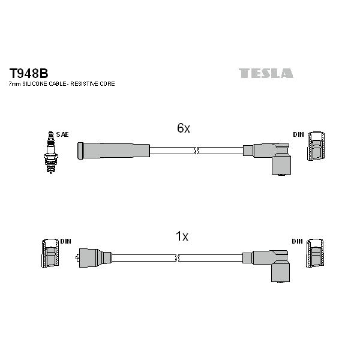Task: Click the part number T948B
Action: (29, 73)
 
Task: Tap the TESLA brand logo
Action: (266, 73)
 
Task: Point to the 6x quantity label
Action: (184, 128)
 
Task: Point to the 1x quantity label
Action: (182, 236)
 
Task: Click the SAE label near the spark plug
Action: (62, 134)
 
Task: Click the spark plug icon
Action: (51, 152)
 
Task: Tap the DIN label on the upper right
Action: (298, 134)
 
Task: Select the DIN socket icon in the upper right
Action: (316, 146)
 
